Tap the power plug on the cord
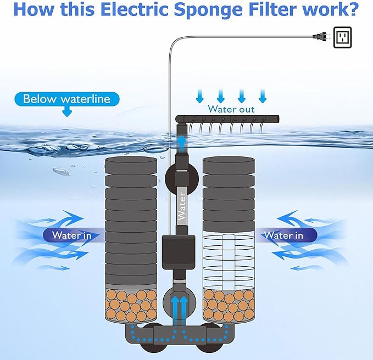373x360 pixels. (x=320, y=37)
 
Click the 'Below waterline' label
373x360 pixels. (x=66, y=99)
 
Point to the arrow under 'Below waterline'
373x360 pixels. (x=67, y=112)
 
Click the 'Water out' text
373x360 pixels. (x=231, y=109)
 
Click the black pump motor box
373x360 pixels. (x=179, y=251)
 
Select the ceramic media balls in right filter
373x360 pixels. (x=227, y=305)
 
